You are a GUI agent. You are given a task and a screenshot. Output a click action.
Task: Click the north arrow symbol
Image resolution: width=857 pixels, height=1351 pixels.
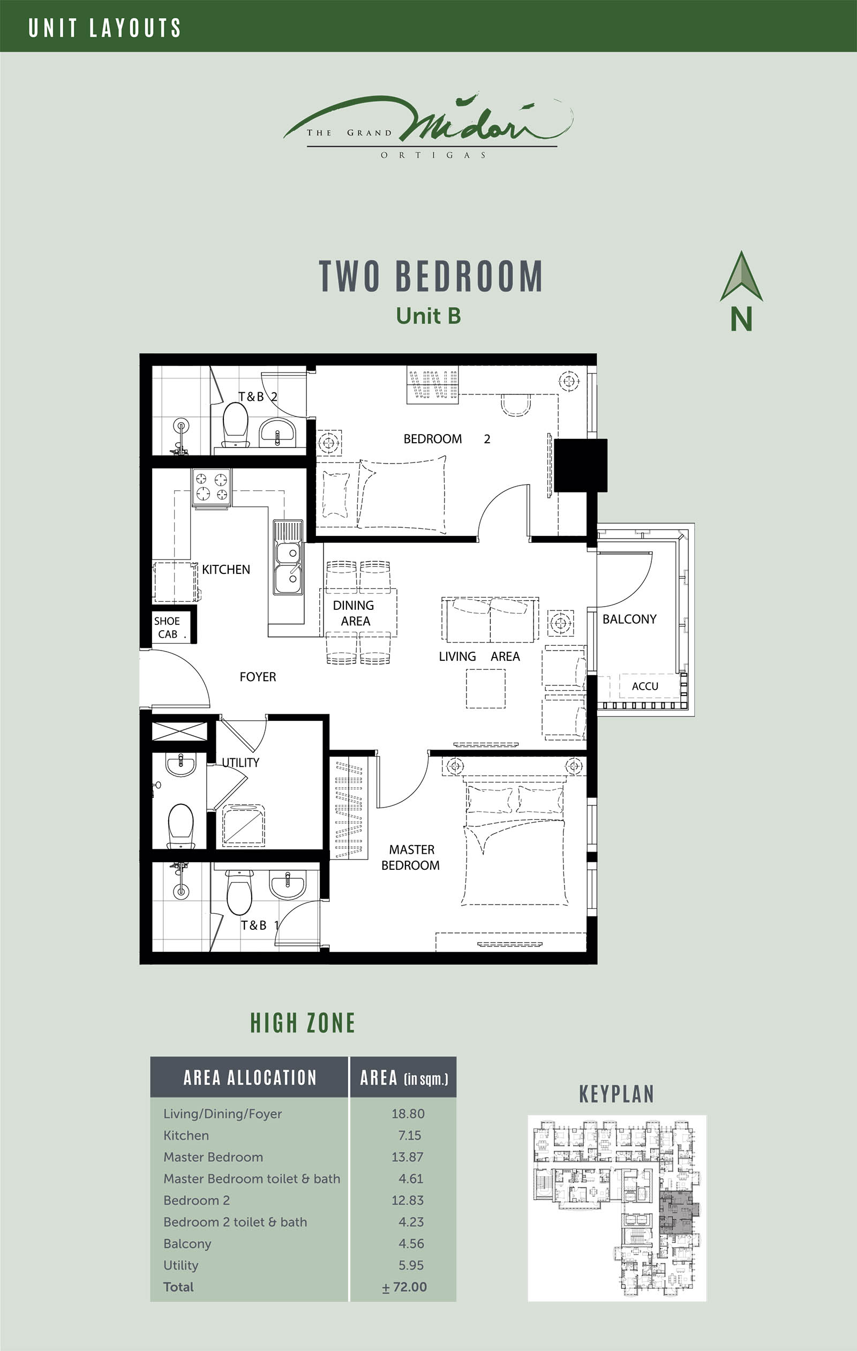pos(741,276)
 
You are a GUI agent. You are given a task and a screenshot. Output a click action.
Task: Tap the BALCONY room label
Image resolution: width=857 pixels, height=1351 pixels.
pos(629,619)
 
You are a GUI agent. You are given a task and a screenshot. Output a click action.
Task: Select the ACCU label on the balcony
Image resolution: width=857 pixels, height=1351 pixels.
pos(645,686)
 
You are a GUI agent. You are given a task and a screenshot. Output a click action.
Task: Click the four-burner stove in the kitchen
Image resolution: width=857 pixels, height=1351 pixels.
pos(212,487)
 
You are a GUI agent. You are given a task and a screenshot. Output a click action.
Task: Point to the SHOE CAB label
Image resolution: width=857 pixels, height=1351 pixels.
pos(167,627)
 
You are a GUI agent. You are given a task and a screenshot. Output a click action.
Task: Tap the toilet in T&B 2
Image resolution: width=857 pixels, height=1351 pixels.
pos(236,424)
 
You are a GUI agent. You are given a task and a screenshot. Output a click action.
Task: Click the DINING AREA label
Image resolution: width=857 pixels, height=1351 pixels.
pos(354,613)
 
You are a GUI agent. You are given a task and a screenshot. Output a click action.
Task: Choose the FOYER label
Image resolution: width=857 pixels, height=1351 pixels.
pos(258,677)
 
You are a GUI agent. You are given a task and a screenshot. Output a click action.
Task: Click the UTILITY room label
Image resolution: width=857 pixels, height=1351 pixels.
pos(240,763)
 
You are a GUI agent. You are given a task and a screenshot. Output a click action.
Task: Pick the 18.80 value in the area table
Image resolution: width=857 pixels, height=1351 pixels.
pos(408,1114)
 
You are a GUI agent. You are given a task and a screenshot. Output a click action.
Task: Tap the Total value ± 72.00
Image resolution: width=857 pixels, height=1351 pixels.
pos(404,1287)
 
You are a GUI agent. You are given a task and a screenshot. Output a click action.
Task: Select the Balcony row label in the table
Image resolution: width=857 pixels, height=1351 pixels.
pos(187,1244)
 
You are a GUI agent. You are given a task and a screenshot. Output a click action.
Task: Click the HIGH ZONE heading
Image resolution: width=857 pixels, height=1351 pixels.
pos(303,1024)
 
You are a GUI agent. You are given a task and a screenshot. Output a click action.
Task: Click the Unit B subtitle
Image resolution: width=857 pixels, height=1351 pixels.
pos(428,316)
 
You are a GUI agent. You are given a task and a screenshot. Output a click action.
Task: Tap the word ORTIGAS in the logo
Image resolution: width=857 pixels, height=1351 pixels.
pos(433,155)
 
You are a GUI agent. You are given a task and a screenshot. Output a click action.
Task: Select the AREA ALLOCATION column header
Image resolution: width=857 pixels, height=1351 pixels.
pos(250,1078)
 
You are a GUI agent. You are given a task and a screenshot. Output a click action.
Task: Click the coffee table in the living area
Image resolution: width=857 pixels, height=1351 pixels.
pos(486,689)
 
